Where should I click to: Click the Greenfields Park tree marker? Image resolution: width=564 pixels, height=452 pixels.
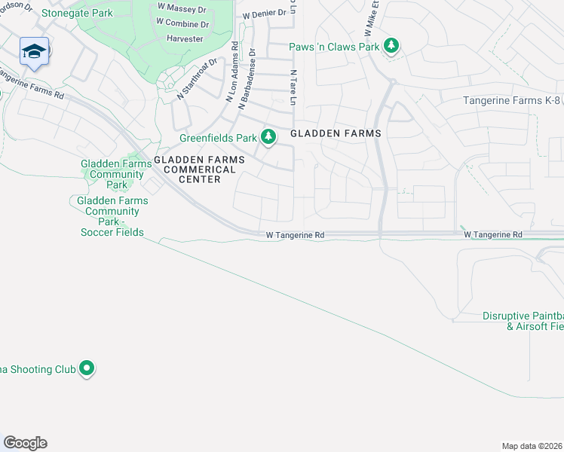[x=268, y=137]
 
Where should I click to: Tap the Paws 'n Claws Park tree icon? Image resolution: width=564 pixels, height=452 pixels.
[x=391, y=47]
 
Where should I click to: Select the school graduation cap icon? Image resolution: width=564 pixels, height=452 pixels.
[x=34, y=51]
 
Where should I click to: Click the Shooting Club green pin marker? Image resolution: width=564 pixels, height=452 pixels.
[x=87, y=368]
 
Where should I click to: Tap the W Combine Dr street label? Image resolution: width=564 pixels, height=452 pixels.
[x=182, y=23]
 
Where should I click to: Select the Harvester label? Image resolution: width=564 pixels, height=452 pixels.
[x=185, y=38]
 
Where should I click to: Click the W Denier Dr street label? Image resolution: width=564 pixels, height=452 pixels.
[x=264, y=14]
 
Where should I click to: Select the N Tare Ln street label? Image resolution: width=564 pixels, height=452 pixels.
[x=293, y=87]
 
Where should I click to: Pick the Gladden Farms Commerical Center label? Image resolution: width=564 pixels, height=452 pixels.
[x=200, y=169]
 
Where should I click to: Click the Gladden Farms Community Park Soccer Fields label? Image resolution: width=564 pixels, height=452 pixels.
[x=112, y=216]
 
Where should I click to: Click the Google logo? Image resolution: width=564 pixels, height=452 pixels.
[x=25, y=443]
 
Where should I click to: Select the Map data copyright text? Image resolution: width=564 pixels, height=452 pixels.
[x=531, y=445]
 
